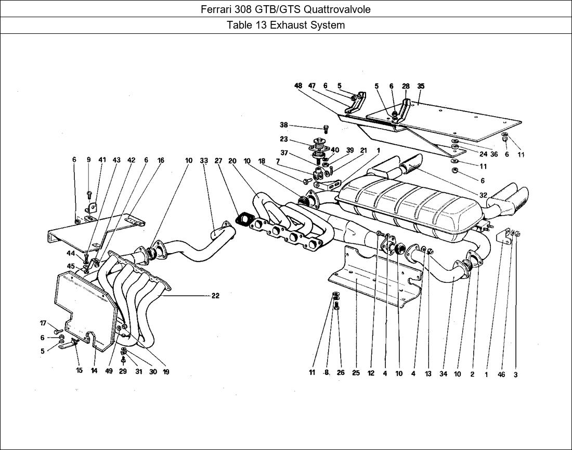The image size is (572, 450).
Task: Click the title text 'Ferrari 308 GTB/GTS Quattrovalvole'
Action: pyautogui.click(x=285, y=9)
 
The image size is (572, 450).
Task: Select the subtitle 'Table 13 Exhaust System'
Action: pyautogui.click(x=285, y=26)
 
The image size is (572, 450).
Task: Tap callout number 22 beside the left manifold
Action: pyautogui.click(x=215, y=296)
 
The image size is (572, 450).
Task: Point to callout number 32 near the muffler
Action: pyautogui.click(x=483, y=195)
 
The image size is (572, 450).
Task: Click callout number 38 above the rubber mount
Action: pyautogui.click(x=283, y=125)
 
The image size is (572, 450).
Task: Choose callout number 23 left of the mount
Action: pyautogui.click(x=283, y=139)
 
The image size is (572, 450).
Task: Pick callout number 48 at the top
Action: pyautogui.click(x=298, y=86)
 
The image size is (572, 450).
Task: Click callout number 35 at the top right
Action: pyautogui.click(x=421, y=86)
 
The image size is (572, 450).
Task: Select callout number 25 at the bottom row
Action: pyautogui.click(x=356, y=373)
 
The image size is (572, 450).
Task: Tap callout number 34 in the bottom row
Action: pyautogui.click(x=443, y=373)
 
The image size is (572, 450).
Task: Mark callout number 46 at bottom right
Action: pyautogui.click(x=501, y=374)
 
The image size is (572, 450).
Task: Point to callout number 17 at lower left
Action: pyautogui.click(x=43, y=323)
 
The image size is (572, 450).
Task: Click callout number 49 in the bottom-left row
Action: pyautogui.click(x=108, y=371)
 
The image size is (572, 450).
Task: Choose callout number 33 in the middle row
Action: pyautogui.click(x=203, y=161)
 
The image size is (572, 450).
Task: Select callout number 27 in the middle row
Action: pyautogui.click(x=218, y=161)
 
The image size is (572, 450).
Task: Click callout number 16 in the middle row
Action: pyautogui.click(x=161, y=160)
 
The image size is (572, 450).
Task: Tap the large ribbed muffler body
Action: pyautogui.click(x=411, y=206)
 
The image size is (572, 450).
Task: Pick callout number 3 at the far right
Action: pyautogui.click(x=516, y=374)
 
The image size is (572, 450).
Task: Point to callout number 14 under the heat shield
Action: pyautogui.click(x=94, y=371)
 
